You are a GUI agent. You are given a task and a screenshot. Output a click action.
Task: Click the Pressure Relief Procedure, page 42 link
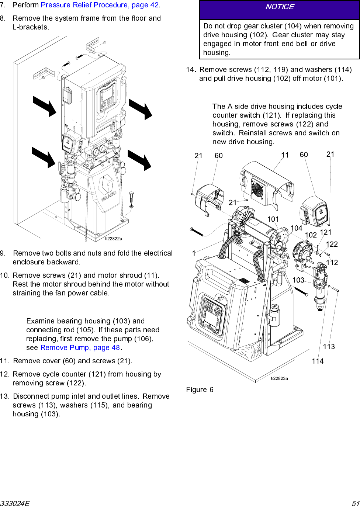coord(100,5)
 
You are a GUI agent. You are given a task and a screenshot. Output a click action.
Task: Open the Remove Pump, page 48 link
coord(80,347)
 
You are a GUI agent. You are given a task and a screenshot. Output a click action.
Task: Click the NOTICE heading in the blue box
coord(280,7)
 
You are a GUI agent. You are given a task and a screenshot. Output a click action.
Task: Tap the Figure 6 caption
coord(200,390)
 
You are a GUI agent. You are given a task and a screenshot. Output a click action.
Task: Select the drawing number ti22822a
coord(113,239)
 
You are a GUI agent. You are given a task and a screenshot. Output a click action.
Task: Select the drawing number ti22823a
coord(279,378)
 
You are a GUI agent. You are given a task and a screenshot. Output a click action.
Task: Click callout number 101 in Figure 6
coord(273,219)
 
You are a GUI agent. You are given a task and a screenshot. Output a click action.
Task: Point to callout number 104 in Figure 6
coord(296,228)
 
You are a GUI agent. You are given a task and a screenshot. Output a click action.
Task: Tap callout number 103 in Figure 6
coord(298,280)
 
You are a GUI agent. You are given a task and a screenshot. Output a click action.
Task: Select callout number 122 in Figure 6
coord(332,244)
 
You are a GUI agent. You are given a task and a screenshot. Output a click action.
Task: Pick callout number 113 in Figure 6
coord(329,346)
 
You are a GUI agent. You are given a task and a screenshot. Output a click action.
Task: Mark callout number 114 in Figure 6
coord(318,361)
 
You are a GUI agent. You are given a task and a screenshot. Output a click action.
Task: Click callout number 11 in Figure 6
coord(285,155)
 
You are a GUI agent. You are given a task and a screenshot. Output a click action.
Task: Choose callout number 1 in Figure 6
coord(194,253)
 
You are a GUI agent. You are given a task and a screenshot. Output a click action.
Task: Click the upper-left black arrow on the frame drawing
coord(44,106)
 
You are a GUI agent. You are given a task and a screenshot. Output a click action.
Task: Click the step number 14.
coord(190,70)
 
